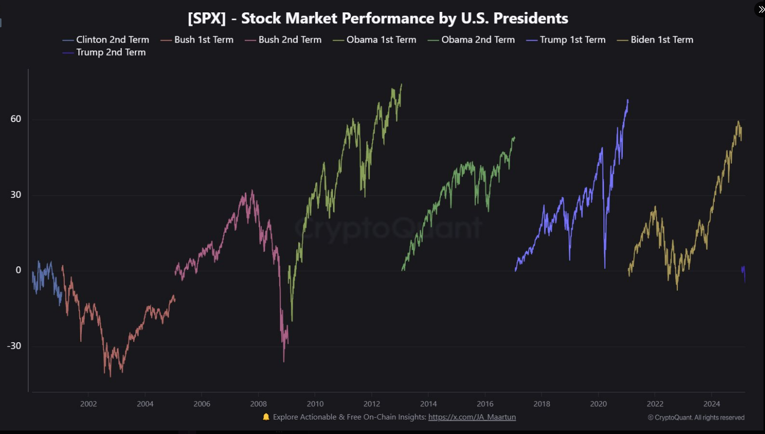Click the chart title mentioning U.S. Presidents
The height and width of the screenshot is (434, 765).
point(378,18)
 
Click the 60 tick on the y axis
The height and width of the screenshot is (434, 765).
point(16,119)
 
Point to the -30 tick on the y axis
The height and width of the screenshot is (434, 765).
point(14,346)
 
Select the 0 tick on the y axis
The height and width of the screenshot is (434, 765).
point(18,270)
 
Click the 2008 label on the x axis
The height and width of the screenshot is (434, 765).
point(258,404)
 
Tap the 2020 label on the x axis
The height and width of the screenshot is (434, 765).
point(598,404)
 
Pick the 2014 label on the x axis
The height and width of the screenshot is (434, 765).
point(428,404)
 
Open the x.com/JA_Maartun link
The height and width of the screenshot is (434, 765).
point(472,417)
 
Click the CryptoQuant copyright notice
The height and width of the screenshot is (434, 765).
point(696,418)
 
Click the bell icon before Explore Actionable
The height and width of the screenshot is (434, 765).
point(266,417)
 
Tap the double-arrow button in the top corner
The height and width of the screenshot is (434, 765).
point(761,9)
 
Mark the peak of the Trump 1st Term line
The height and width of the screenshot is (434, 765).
point(628,100)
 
